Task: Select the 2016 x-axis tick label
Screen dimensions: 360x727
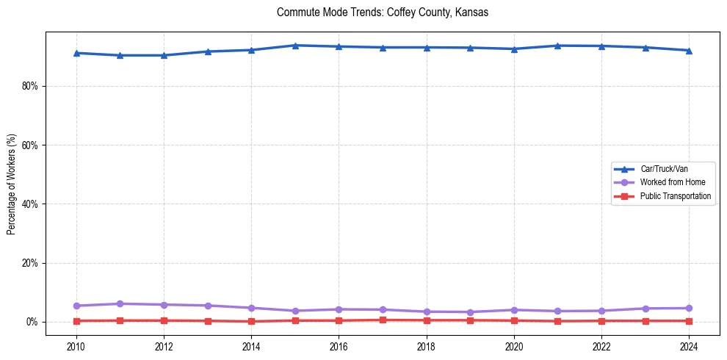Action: (x=339, y=345)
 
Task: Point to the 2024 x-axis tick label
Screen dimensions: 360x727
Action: (x=689, y=345)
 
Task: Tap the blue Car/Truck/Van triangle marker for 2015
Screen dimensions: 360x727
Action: (x=294, y=46)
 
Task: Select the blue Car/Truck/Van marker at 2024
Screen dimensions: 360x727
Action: (x=689, y=50)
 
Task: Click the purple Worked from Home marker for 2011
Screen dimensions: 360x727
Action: (x=120, y=303)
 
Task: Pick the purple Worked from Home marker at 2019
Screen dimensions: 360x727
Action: (x=470, y=312)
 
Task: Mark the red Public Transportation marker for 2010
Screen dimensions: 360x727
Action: (x=76, y=321)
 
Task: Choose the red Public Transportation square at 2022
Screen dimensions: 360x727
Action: (x=601, y=321)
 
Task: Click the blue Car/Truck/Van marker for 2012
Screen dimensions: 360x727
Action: (x=164, y=55)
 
